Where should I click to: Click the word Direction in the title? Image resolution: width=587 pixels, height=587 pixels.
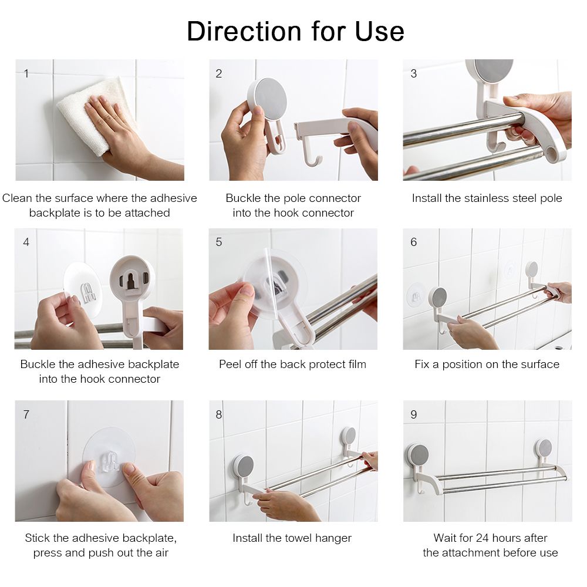click(244, 31)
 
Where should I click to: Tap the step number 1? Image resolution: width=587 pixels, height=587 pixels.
click(26, 73)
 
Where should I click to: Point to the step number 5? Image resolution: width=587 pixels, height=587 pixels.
click(219, 242)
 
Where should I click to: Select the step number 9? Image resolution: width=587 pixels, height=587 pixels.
click(414, 414)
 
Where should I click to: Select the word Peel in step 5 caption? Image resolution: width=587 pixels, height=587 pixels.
click(230, 365)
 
